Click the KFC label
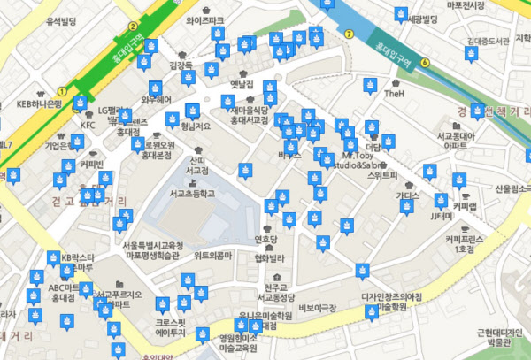(x=88, y=126)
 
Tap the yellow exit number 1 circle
(x=61, y=90)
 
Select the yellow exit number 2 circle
(x=133, y=27)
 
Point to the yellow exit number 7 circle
(x=350, y=34)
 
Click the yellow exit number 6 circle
(x=425, y=62)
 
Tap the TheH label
(x=395, y=93)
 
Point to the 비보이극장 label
(x=319, y=307)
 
